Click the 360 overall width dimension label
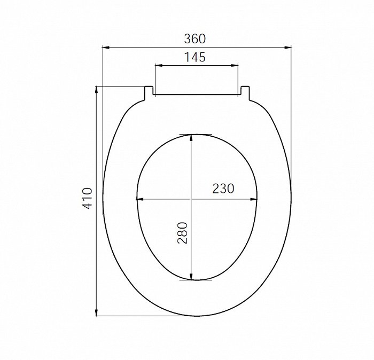pos(194,38)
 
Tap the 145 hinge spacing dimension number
pos(195,57)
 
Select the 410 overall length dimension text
pos(87,199)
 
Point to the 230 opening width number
pos(223,189)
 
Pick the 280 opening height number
pos(182,233)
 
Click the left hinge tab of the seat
pos(149,93)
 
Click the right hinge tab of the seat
pos(245,93)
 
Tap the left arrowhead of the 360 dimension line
pos(106,48)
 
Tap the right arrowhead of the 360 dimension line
pos(288,48)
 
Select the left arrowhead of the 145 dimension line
pos(159,65)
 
